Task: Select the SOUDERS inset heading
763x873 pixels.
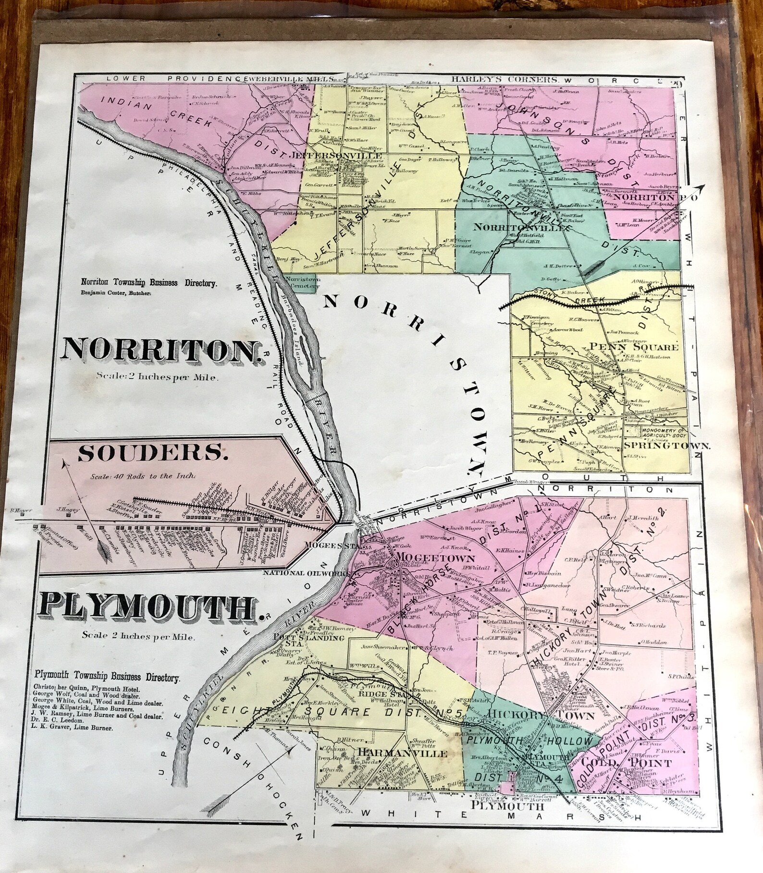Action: tap(150, 453)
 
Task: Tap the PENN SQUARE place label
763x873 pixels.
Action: tap(634, 347)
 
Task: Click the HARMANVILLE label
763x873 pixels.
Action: tap(403, 753)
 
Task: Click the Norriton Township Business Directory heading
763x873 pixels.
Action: tap(148, 283)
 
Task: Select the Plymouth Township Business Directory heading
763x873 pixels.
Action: tap(107, 678)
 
